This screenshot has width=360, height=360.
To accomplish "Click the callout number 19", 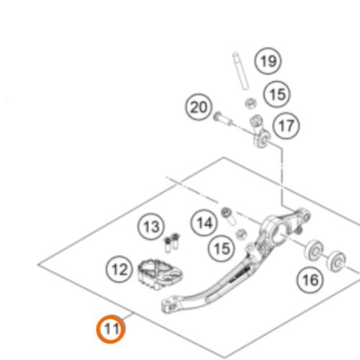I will click(x=269, y=61).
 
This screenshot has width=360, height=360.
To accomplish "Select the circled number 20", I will click(x=199, y=109).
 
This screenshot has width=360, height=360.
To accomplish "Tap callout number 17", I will click(x=286, y=126).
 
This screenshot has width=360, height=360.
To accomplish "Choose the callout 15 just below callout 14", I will click(x=221, y=248).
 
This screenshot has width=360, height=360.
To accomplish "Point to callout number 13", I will click(x=150, y=228).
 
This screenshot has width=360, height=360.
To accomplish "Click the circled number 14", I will click(x=205, y=223).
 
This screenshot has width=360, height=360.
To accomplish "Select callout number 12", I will click(x=119, y=270).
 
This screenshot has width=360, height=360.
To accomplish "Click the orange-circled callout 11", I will click(x=111, y=330).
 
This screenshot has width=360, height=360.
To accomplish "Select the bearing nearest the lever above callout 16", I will click(x=315, y=252).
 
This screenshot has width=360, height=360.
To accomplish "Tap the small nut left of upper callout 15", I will click(x=251, y=103).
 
